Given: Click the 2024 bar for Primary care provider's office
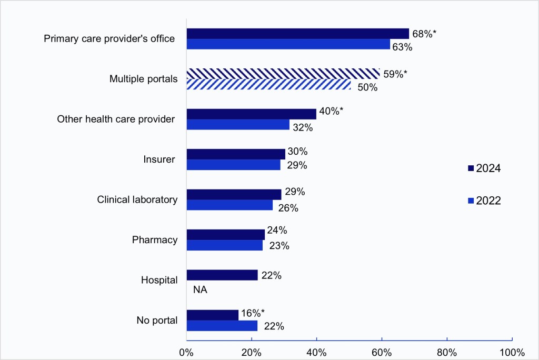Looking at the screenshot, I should pyautogui.click(x=297, y=34).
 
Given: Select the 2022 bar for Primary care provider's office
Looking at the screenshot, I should pyautogui.click(x=288, y=44).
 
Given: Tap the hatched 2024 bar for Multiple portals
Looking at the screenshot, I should pyautogui.click(x=283, y=74).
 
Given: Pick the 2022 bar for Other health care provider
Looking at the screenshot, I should pyautogui.click(x=238, y=125).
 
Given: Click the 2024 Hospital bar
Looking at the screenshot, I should pyautogui.click(x=222, y=275).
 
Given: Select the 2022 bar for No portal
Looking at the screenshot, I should pyautogui.click(x=222, y=326).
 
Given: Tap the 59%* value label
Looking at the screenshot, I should pyautogui.click(x=395, y=74).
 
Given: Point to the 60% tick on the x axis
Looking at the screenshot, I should pyautogui.click(x=382, y=352).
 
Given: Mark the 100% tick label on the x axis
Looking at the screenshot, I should pyautogui.click(x=511, y=352).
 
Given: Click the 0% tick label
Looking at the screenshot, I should pyautogui.click(x=186, y=352).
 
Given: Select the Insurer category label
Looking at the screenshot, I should pyautogui.click(x=159, y=159).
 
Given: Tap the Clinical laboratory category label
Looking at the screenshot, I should pyautogui.click(x=137, y=199).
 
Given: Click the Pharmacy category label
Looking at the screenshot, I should pyautogui.click(x=154, y=240).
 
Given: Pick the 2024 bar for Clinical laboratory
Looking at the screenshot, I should pyautogui.click(x=234, y=194).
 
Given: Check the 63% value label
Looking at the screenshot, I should pyautogui.click(x=402, y=47).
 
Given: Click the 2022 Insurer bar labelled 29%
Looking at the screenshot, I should pyautogui.click(x=233, y=165).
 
